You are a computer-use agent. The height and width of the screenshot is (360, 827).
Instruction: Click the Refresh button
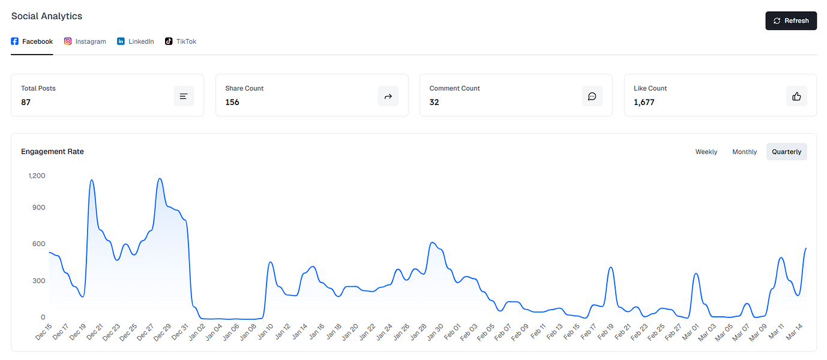pyautogui.click(x=791, y=20)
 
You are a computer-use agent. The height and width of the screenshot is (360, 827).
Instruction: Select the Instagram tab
pyautogui.click(x=85, y=41)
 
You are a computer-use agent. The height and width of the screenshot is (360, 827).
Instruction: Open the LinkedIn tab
pyautogui.click(x=136, y=41)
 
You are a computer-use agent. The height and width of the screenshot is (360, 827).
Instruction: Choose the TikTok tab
pyautogui.click(x=181, y=41)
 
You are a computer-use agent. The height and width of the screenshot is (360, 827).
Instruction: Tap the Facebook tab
pyautogui.click(x=32, y=41)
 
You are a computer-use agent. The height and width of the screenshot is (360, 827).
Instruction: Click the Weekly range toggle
pyautogui.click(x=706, y=152)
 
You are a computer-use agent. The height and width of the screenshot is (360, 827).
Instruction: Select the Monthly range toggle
pyautogui.click(x=744, y=152)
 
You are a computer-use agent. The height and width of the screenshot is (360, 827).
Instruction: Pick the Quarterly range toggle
pyautogui.click(x=786, y=152)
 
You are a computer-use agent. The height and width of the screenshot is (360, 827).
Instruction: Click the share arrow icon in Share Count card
pyautogui.click(x=388, y=96)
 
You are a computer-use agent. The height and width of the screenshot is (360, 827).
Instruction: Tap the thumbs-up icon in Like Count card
pyautogui.click(x=796, y=96)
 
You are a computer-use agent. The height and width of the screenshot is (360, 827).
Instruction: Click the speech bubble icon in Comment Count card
pyautogui.click(x=592, y=96)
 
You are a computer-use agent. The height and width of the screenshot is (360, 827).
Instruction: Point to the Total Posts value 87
pyautogui.click(x=26, y=102)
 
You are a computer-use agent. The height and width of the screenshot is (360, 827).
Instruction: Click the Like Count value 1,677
pyautogui.click(x=644, y=102)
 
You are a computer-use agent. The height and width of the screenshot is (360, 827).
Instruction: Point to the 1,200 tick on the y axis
pyautogui.click(x=37, y=176)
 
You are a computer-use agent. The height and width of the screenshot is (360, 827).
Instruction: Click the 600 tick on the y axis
pyautogui.click(x=39, y=244)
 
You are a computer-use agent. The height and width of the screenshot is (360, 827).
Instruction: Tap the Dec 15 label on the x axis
pyautogui.click(x=44, y=332)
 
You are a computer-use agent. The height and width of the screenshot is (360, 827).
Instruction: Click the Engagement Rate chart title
pyautogui.click(x=52, y=152)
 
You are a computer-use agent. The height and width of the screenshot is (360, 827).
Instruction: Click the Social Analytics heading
pyautogui.click(x=47, y=16)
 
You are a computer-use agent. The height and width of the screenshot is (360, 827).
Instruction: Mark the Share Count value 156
pyautogui.click(x=232, y=102)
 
